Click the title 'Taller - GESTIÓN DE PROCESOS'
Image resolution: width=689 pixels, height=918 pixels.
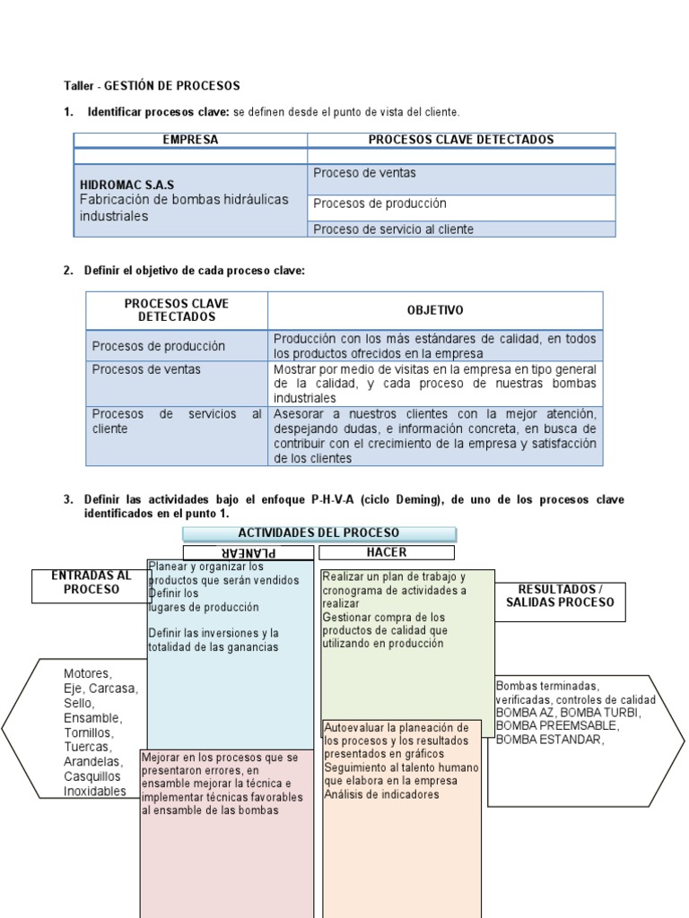pyautogui.click(x=152, y=86)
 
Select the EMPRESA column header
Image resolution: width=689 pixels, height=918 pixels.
pyautogui.click(x=190, y=140)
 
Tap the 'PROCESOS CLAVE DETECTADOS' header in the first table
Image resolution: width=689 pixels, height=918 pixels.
pyautogui.click(x=460, y=140)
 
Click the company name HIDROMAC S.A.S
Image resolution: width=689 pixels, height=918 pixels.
pyautogui.click(x=126, y=186)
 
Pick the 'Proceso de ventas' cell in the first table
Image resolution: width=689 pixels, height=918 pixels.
pyautogui.click(x=364, y=173)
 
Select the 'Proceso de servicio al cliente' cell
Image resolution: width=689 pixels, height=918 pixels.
pyautogui.click(x=393, y=229)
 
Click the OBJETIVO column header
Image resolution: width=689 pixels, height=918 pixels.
pyautogui.click(x=435, y=310)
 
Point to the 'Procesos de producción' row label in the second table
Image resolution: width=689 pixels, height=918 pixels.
pyautogui.click(x=158, y=346)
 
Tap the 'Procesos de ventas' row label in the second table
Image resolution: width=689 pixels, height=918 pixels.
pyautogui.click(x=146, y=369)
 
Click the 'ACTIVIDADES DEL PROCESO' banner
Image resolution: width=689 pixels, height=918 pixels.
pyautogui.click(x=318, y=533)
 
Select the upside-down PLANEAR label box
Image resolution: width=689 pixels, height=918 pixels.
pyautogui.click(x=248, y=553)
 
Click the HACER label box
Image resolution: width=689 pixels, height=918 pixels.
pyautogui.click(x=387, y=552)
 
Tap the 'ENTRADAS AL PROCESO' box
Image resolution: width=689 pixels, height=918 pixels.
pyautogui.click(x=91, y=583)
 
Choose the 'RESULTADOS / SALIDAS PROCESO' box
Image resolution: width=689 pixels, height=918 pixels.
pyautogui.click(x=560, y=596)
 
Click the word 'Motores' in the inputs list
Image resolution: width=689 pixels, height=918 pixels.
pyautogui.click(x=88, y=674)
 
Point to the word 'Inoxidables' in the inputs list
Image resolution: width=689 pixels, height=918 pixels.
pyautogui.click(x=95, y=791)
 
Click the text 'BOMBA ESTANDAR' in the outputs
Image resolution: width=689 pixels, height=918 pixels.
pyautogui.click(x=549, y=740)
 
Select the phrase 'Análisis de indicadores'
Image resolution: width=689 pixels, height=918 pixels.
pyautogui.click(x=381, y=794)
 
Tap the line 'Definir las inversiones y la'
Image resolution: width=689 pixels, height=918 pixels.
pyautogui.click(x=213, y=633)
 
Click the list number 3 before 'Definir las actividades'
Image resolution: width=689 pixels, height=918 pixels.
pyautogui.click(x=67, y=499)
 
